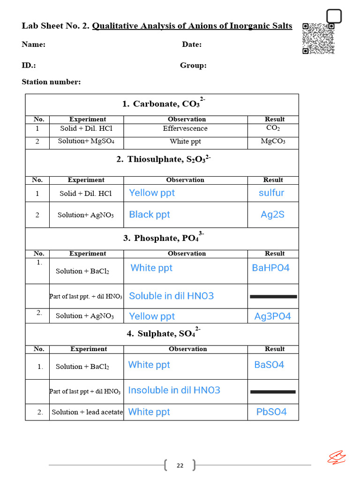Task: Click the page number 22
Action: (x=180, y=465)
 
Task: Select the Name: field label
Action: (x=33, y=45)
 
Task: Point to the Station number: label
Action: (x=51, y=82)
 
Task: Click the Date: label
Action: (x=192, y=45)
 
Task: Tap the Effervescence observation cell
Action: (x=185, y=128)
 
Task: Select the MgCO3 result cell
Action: (x=273, y=141)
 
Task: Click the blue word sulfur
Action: (x=271, y=193)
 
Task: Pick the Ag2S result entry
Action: (x=272, y=215)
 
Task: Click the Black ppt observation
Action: (x=150, y=215)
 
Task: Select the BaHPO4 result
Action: (x=271, y=268)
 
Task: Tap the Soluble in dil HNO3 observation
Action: (x=171, y=296)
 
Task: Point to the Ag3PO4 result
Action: (x=272, y=316)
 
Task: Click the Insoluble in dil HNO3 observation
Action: (x=174, y=390)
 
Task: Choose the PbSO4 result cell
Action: (x=271, y=412)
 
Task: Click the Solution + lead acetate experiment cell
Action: (x=87, y=412)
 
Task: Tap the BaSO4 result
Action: (x=269, y=365)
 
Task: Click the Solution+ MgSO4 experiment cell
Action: (x=86, y=141)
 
